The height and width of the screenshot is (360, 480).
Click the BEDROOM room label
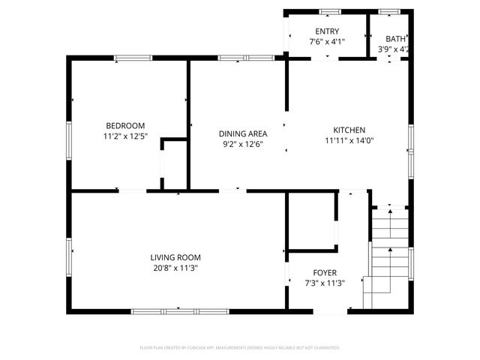click(x=125, y=125)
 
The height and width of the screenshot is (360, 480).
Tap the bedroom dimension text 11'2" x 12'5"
click(x=125, y=136)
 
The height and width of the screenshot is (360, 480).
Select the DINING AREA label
click(x=243, y=133)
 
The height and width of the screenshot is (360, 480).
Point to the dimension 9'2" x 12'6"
click(x=243, y=144)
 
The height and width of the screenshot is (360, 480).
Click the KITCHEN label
click(x=349, y=129)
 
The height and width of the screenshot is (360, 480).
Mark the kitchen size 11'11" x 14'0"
click(x=349, y=140)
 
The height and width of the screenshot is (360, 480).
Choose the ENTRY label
click(x=327, y=31)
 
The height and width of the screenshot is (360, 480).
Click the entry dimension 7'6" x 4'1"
click(x=327, y=42)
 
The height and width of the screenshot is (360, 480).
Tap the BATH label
click(x=395, y=39)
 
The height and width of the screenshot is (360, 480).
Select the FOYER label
click(x=325, y=272)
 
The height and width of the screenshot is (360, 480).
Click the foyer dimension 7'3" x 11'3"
click(x=325, y=283)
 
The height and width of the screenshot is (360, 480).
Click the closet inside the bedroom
click(x=174, y=163)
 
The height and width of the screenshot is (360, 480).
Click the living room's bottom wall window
click(x=178, y=310)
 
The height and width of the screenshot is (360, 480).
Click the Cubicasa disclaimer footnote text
click(x=240, y=348)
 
